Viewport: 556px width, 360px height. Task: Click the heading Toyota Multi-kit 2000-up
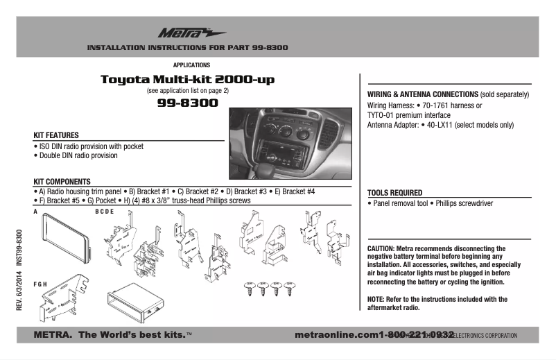click(x=187, y=80)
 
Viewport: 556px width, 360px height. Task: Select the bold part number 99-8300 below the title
click(x=187, y=103)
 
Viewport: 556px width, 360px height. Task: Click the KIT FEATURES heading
click(x=56, y=135)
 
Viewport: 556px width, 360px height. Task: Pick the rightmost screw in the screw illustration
click(x=286, y=288)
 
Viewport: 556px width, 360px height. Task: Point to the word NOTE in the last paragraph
click(x=376, y=299)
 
